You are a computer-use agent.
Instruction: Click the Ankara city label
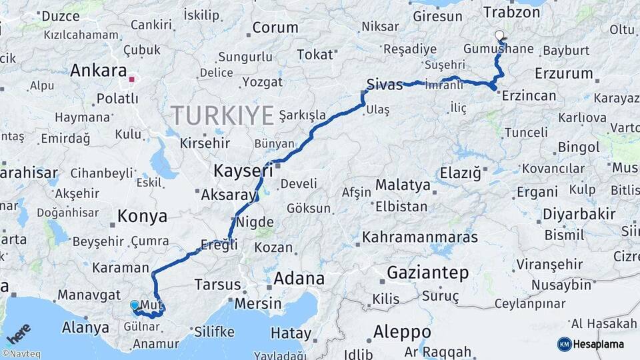pyautogui.click(x=98, y=71)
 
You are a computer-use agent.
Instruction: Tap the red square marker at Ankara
pyautogui.click(x=132, y=79)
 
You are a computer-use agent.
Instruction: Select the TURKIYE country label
pyautogui.click(x=223, y=115)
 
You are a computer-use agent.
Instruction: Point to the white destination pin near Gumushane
pyautogui.click(x=499, y=35)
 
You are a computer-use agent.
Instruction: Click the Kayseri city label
pyautogui.click(x=243, y=171)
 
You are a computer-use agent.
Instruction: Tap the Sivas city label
pyautogui.click(x=385, y=85)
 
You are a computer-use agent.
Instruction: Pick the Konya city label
pyautogui.click(x=142, y=216)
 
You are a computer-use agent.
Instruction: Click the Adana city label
pyautogui.click(x=299, y=278)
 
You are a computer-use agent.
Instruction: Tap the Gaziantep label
pyautogui.click(x=427, y=273)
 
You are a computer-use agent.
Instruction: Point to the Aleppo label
pyautogui.click(x=402, y=331)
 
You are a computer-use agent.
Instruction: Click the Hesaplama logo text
pyautogui.click(x=601, y=345)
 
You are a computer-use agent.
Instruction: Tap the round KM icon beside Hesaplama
pyautogui.click(x=564, y=344)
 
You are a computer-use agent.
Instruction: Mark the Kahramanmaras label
pyautogui.click(x=420, y=237)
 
